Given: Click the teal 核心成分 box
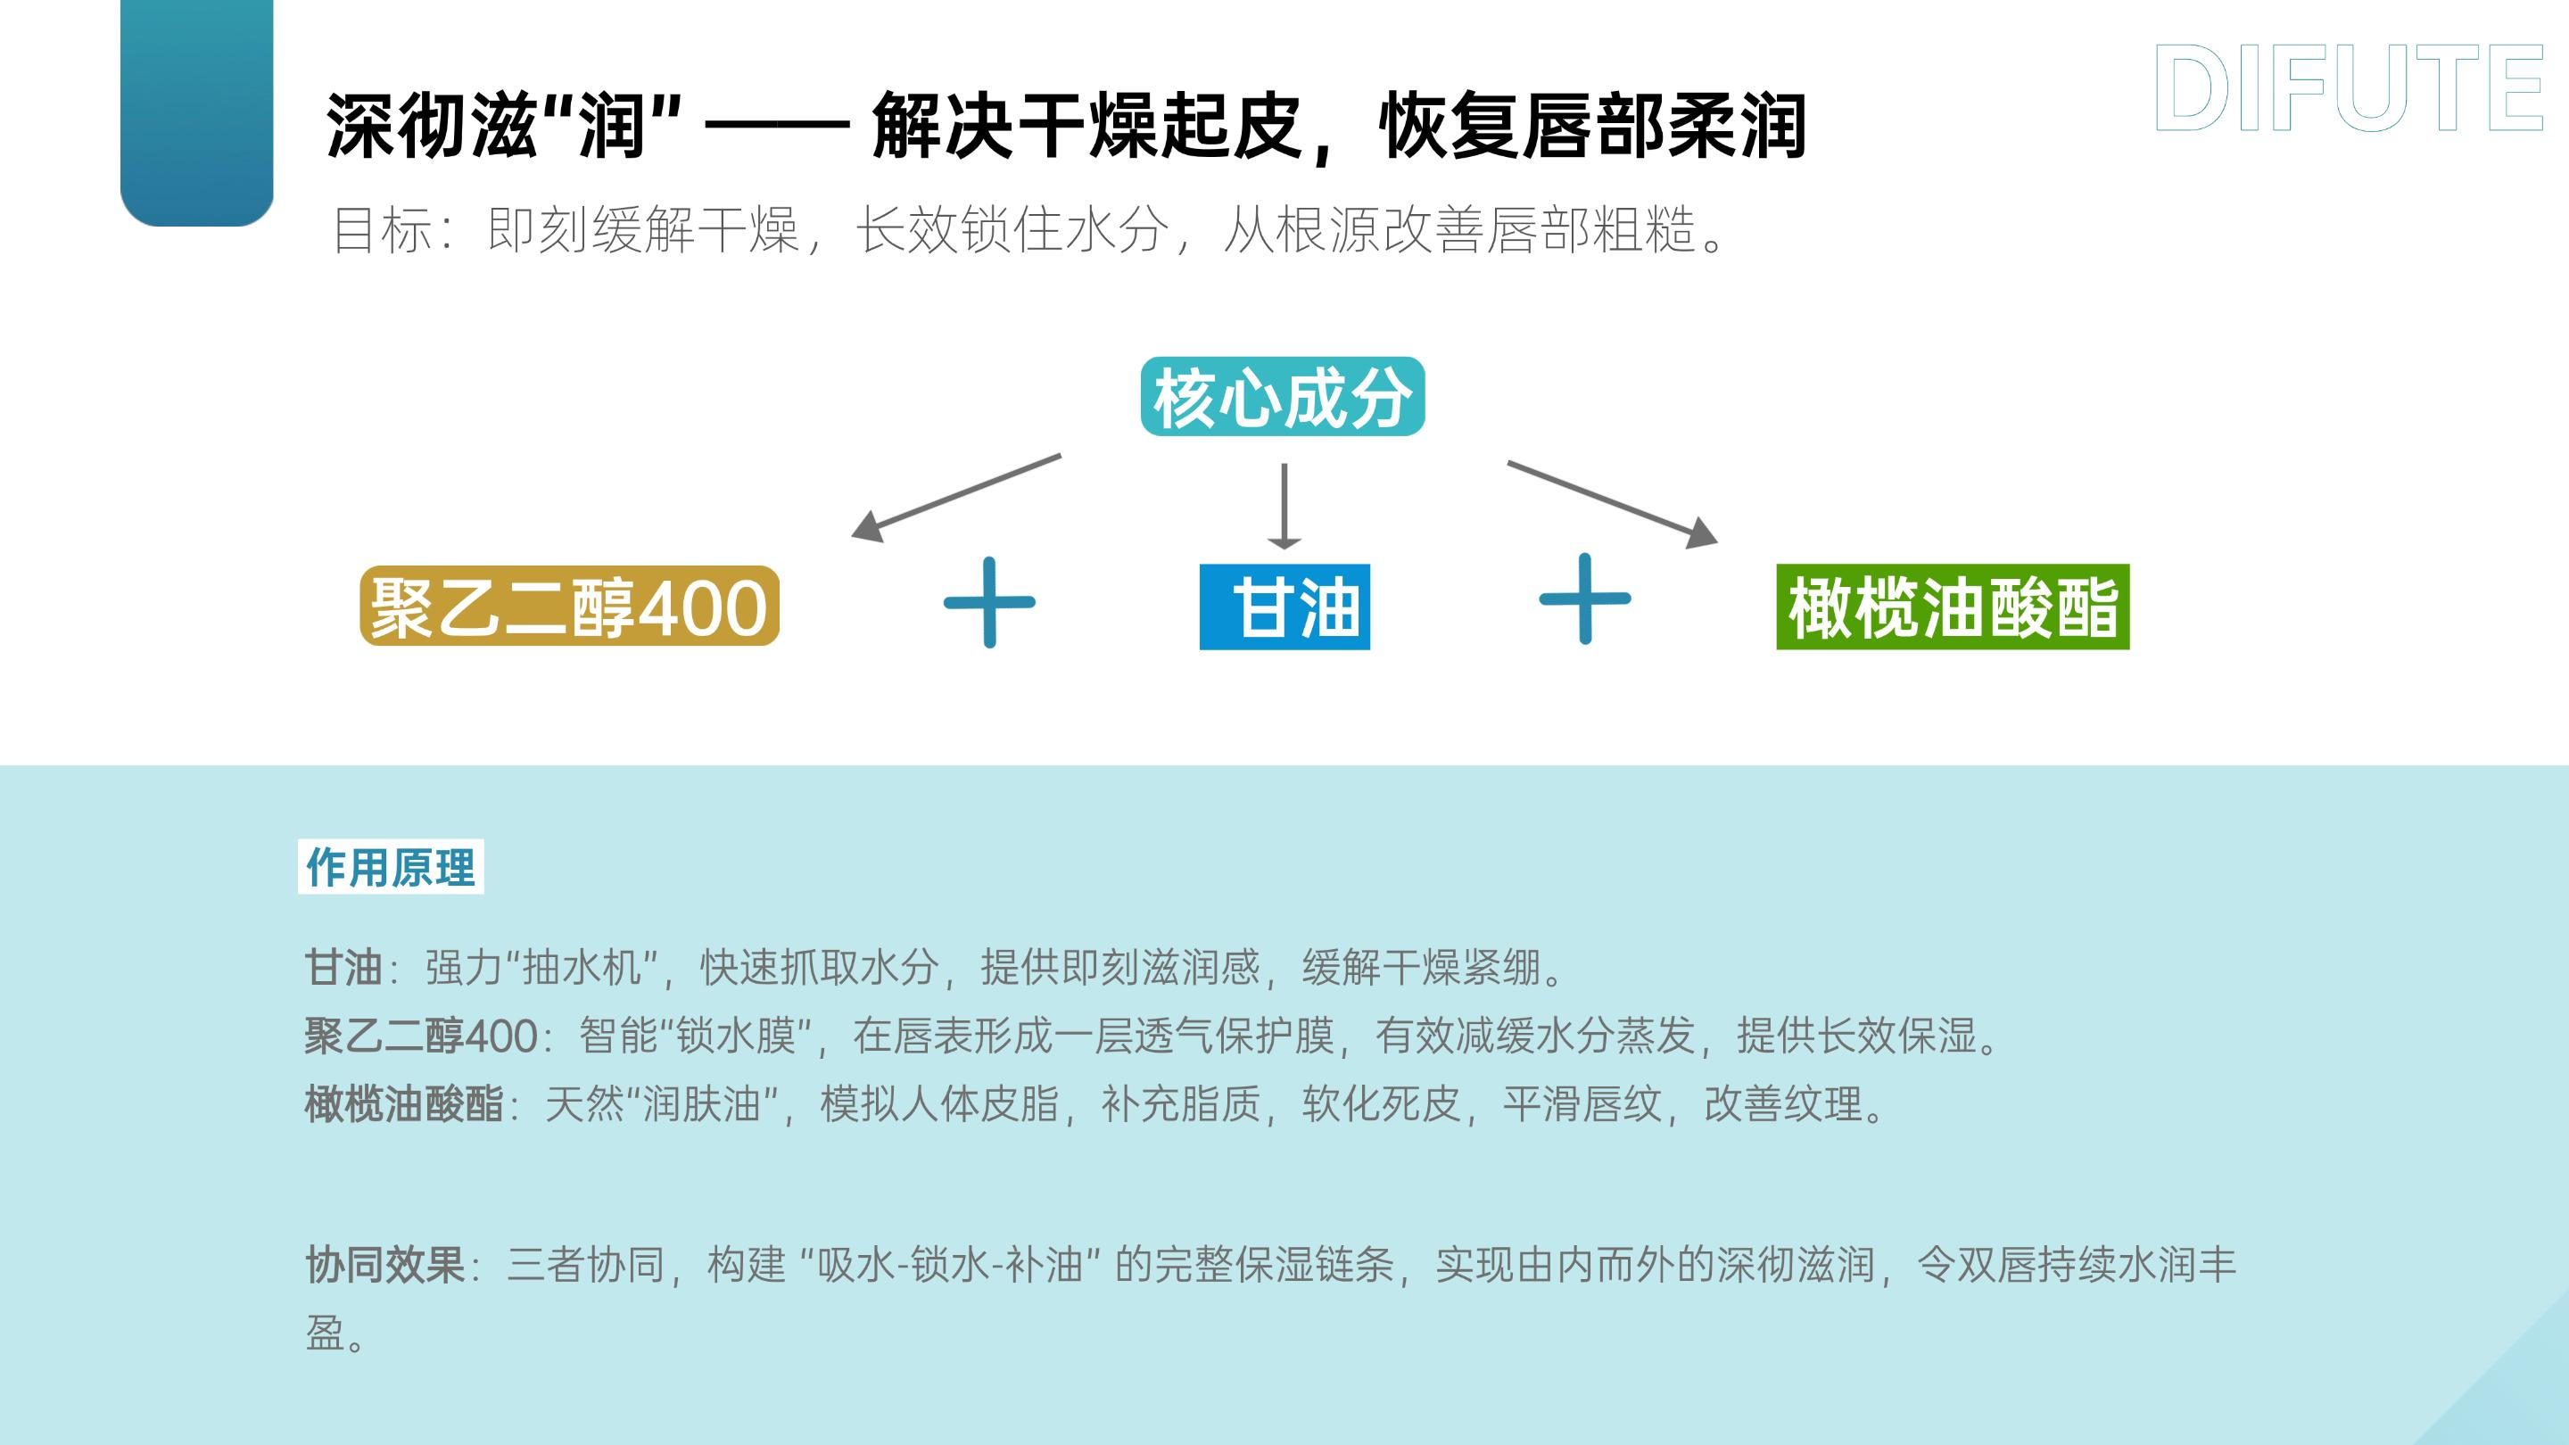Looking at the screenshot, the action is click(x=1283, y=397).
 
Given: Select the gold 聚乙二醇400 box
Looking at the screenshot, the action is click(x=568, y=607).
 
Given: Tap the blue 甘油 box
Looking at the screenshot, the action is click(x=1284, y=607).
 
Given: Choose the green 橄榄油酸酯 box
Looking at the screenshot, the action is click(x=1952, y=607).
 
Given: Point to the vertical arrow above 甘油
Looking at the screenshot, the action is click(x=1284, y=506).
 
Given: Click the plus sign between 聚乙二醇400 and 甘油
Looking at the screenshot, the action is click(x=989, y=602).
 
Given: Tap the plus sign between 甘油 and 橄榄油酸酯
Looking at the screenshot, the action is click(x=1585, y=599).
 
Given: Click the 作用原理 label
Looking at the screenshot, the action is click(x=391, y=868).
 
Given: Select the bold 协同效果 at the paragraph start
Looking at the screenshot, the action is click(x=385, y=1266).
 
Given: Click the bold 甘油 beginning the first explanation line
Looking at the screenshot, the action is click(x=344, y=966).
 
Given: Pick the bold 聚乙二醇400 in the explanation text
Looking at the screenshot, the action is click(x=421, y=1036).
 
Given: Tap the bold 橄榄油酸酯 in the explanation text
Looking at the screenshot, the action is click(x=404, y=1104).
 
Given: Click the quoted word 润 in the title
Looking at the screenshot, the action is click(x=610, y=128).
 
